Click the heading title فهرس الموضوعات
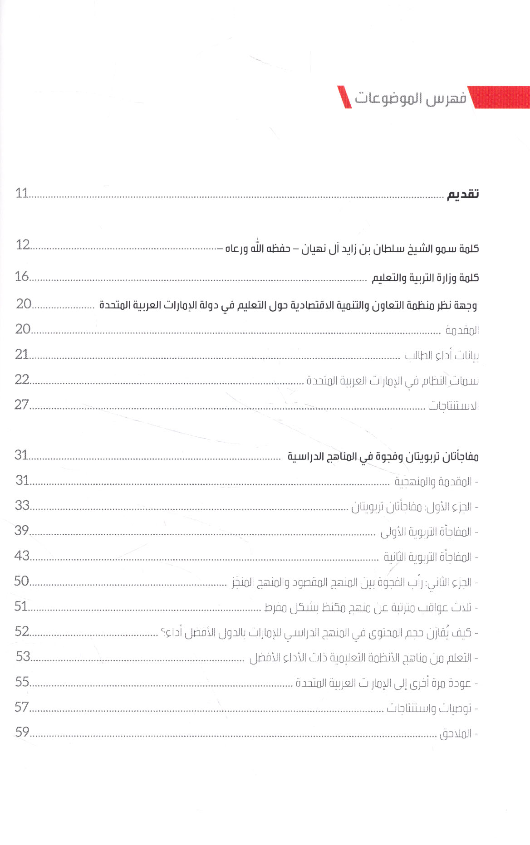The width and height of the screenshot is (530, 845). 410,98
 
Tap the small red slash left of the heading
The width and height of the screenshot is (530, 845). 344,97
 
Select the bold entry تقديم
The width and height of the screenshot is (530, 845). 462,194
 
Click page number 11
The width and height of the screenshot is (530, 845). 22,193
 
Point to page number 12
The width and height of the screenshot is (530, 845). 22,245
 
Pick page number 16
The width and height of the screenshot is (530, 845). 22,276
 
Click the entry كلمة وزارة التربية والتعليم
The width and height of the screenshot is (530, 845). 425,278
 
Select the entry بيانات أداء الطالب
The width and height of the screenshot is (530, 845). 442,356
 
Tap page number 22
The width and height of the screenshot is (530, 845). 22,379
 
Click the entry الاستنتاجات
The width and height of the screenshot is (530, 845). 453,405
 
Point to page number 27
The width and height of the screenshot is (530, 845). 22,404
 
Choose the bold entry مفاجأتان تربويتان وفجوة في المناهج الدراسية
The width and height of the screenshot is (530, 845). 383,456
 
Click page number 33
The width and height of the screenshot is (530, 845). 22,505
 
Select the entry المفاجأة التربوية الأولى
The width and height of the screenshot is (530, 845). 426,532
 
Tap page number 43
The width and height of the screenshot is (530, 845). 22,556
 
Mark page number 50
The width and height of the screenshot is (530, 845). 22,581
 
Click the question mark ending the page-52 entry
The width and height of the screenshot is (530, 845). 163,632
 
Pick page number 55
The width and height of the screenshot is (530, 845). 22,682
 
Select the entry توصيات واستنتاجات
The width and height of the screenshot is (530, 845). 429,708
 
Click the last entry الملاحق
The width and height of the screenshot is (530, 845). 456,733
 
